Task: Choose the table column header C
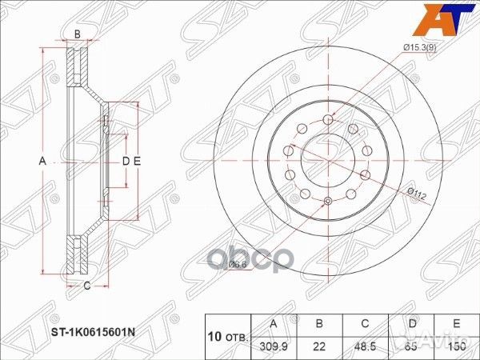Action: tap(364, 324)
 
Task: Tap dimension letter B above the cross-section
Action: tap(77, 34)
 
